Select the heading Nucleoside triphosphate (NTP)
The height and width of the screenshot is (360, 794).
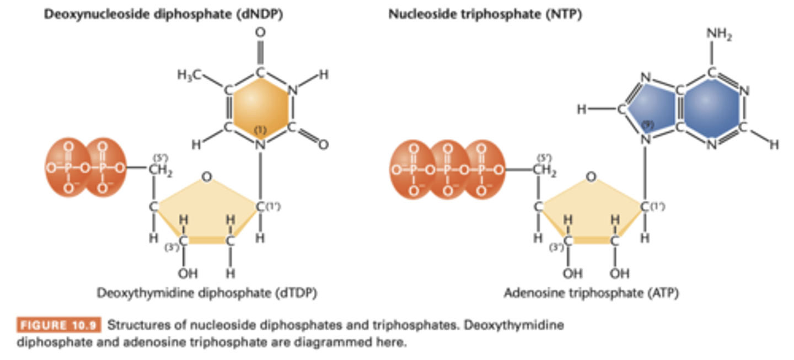[485, 15]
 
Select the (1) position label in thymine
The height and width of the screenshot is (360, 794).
[260, 130]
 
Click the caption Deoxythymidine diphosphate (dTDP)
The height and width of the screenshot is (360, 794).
[207, 293]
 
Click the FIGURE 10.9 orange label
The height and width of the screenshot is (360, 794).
[58, 325]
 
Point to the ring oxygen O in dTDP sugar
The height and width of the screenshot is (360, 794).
[206, 176]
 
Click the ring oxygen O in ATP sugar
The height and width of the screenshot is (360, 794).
[591, 176]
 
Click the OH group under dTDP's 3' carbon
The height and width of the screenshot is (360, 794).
[186, 273]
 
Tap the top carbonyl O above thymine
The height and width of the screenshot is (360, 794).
[260, 33]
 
